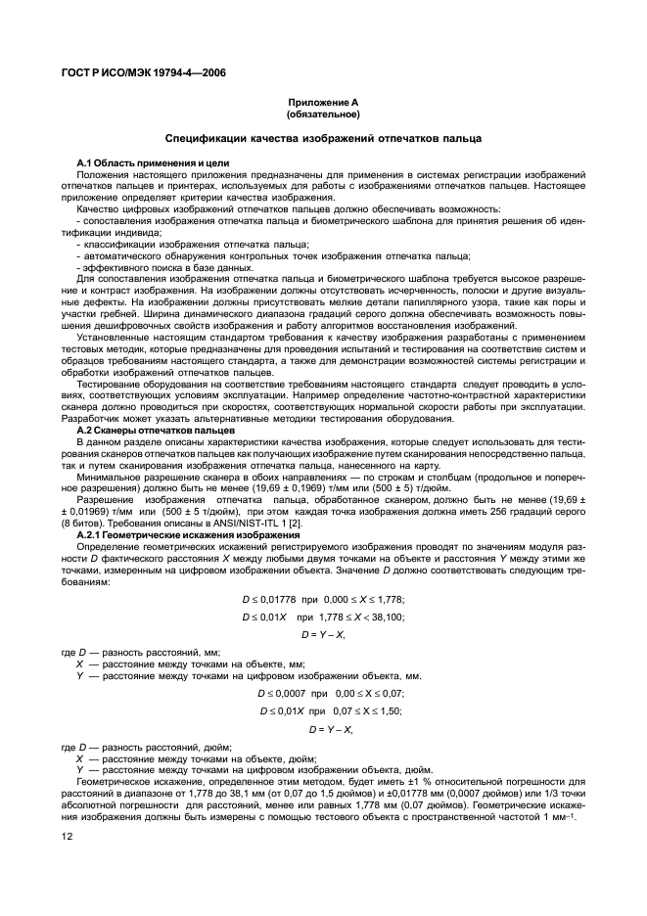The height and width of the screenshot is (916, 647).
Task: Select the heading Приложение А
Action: click(323, 103)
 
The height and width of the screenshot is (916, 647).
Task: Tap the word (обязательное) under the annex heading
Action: click(323, 114)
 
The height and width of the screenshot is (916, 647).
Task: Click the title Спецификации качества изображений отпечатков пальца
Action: click(323, 140)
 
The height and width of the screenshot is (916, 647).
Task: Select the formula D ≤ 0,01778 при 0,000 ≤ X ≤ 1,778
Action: click(323, 598)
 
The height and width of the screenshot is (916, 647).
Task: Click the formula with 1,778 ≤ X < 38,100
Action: click(323, 617)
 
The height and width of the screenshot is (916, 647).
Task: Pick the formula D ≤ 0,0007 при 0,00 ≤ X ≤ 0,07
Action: click(323, 692)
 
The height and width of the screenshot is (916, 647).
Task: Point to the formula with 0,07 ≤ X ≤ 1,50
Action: click(323, 710)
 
